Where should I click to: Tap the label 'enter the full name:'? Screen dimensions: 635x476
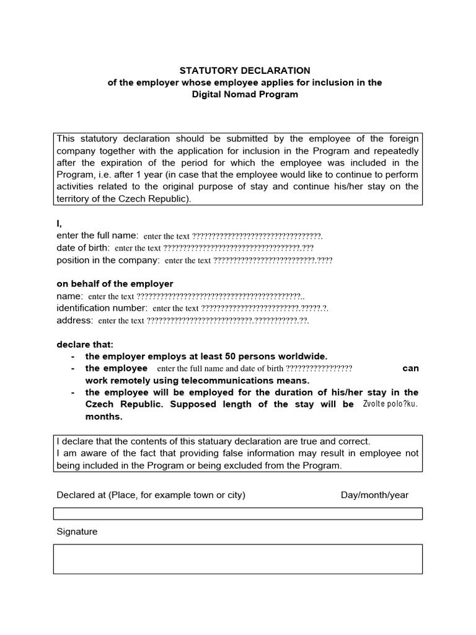pyautogui.click(x=97, y=236)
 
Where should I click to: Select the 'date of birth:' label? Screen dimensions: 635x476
pyautogui.click(x=83, y=248)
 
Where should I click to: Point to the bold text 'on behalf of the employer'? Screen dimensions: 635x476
pyautogui.click(x=115, y=284)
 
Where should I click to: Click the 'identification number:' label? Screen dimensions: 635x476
pyautogui.click(x=102, y=308)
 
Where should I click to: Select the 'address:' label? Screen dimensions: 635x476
pyautogui.click(x=74, y=320)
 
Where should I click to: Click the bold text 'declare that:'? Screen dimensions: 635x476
pyautogui.click(x=85, y=344)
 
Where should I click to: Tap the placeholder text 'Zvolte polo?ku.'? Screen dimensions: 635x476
pyautogui.click(x=389, y=404)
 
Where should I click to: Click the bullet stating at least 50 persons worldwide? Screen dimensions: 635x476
pyautogui.click(x=206, y=356)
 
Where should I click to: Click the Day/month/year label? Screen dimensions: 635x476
pyautogui.click(x=374, y=495)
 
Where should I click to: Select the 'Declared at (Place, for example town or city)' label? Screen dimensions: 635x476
pyautogui.click(x=151, y=495)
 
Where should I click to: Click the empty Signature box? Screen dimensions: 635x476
pyautogui.click(x=238, y=559)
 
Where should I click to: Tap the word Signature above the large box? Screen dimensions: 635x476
pyautogui.click(x=77, y=531)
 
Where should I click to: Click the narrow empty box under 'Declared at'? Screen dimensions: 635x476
pyautogui.click(x=238, y=513)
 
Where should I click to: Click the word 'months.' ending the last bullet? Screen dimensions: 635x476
pyautogui.click(x=104, y=417)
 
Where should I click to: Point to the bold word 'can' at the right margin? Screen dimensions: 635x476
pyautogui.click(x=410, y=368)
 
